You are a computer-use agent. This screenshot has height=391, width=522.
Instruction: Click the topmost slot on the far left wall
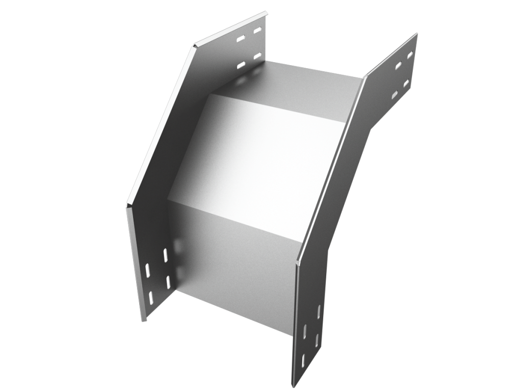pyautogui.click(x=257, y=30)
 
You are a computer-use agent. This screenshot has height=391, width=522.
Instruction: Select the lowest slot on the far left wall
pyautogui.click(x=241, y=65)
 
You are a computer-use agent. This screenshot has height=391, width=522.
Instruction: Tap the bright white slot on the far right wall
pyautogui.click(x=395, y=95)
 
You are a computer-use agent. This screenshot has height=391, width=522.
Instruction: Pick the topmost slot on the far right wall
pyautogui.click(x=410, y=53)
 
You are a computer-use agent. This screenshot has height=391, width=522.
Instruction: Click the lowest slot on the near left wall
pyautogui.click(x=151, y=297)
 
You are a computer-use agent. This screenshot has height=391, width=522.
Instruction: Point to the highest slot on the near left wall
pyautogui.click(x=165, y=254)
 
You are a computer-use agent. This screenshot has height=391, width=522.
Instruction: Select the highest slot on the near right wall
pyautogui.click(x=319, y=312)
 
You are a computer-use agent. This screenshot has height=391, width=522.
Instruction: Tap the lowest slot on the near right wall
pyautogui.click(x=304, y=359)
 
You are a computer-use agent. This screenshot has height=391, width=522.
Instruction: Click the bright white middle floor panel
pyautogui.click(x=260, y=163)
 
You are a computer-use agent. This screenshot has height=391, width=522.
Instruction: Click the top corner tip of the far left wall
pyautogui.click(x=266, y=12)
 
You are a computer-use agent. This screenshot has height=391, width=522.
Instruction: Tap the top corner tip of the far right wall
pyautogui.click(x=417, y=34)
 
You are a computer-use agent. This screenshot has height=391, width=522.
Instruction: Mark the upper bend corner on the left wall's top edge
pyautogui.click(x=194, y=47)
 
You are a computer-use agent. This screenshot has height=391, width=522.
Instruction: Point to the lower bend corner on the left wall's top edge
pyautogui.click(x=127, y=205)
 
